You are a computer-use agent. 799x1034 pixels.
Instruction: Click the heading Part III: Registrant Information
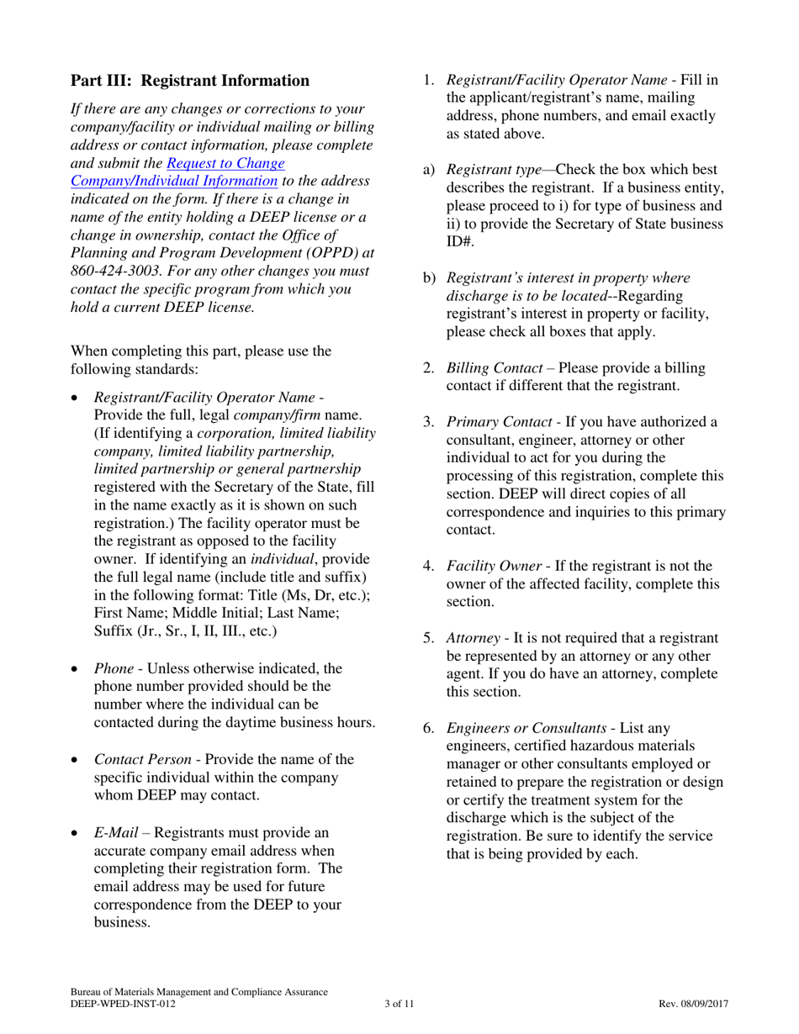[190, 81]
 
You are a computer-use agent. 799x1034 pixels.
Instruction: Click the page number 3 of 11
[399, 1004]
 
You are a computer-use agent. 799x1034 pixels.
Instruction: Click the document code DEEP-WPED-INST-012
[123, 1004]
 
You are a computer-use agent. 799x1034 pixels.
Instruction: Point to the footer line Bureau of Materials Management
[198, 993]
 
